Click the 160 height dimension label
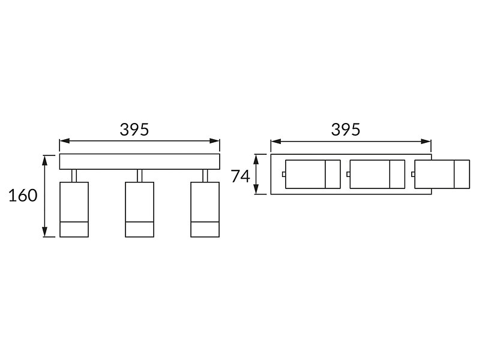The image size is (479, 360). tap(23, 196)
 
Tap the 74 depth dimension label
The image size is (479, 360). tap(241, 176)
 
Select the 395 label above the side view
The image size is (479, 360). tap(134, 130)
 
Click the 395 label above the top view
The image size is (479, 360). tap(346, 130)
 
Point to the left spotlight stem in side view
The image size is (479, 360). tap(74, 176)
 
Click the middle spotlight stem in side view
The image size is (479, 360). tap(140, 176)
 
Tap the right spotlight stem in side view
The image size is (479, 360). tap(205, 176)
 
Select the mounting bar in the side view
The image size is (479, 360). tap(140, 161)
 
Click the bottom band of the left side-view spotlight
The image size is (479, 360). tap(74, 229)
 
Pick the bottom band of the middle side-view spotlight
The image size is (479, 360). tap(140, 229)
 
